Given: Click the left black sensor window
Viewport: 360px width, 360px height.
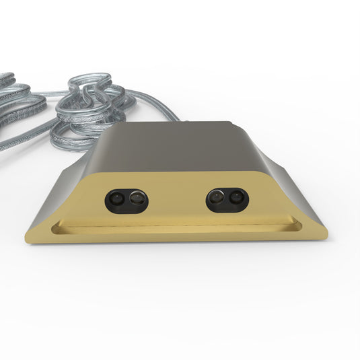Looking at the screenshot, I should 127,200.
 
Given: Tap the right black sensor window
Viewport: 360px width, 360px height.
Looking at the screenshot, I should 227,199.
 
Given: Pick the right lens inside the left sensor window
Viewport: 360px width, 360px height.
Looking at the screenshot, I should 137,199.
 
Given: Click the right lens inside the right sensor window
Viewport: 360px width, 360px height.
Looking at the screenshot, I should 236,198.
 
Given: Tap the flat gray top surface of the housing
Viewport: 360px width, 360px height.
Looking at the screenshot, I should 179,145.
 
